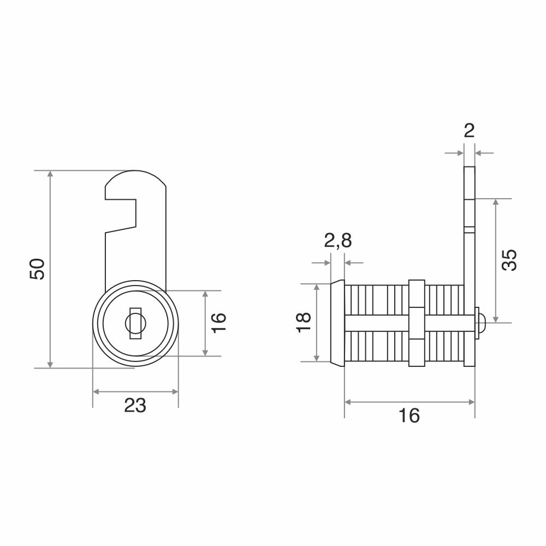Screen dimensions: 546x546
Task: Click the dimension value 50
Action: pyautogui.click(x=38, y=269)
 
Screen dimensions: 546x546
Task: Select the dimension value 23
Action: pyautogui.click(x=135, y=405)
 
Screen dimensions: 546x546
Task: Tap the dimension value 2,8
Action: pyautogui.click(x=338, y=240)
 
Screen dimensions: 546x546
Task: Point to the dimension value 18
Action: pyautogui.click(x=304, y=323)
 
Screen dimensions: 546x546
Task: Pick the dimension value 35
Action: pyautogui.click(x=509, y=260)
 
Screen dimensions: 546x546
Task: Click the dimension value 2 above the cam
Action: pyautogui.click(x=469, y=131)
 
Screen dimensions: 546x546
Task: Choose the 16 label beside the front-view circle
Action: pyautogui.click(x=219, y=323)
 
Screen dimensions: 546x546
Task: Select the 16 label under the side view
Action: pyautogui.click(x=409, y=416)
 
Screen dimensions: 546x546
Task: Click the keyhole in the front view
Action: pyautogui.click(x=135, y=323)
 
